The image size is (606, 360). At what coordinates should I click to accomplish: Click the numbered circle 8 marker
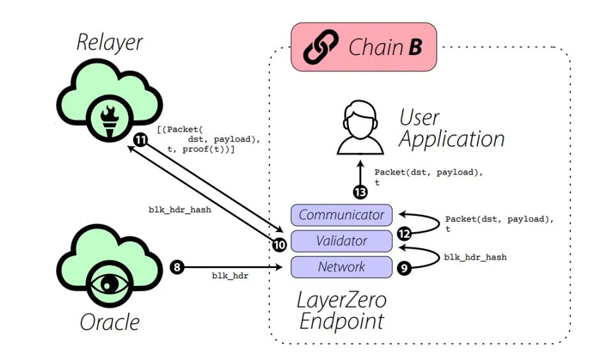(x=176, y=267)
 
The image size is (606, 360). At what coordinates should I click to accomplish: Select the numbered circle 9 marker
(x=403, y=268)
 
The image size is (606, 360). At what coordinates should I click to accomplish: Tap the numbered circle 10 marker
(x=279, y=244)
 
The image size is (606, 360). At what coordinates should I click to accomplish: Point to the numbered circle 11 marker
(x=141, y=139)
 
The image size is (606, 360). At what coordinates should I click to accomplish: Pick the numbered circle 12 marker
(x=403, y=234)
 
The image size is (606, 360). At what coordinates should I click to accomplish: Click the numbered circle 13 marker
(x=361, y=191)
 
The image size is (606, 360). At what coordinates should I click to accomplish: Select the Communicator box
(x=341, y=215)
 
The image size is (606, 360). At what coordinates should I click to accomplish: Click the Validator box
(x=341, y=241)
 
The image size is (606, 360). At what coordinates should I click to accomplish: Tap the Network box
(x=341, y=267)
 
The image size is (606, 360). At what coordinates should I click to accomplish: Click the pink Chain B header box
(x=364, y=47)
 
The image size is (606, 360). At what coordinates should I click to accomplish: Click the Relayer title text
(x=109, y=43)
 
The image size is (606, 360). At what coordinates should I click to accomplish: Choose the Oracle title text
(x=109, y=322)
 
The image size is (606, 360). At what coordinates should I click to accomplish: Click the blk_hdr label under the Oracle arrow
(x=230, y=276)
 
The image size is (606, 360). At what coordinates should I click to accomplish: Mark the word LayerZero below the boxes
(x=342, y=299)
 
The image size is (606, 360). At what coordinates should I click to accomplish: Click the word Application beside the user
(x=452, y=139)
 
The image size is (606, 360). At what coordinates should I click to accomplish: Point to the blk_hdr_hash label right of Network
(x=475, y=257)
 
